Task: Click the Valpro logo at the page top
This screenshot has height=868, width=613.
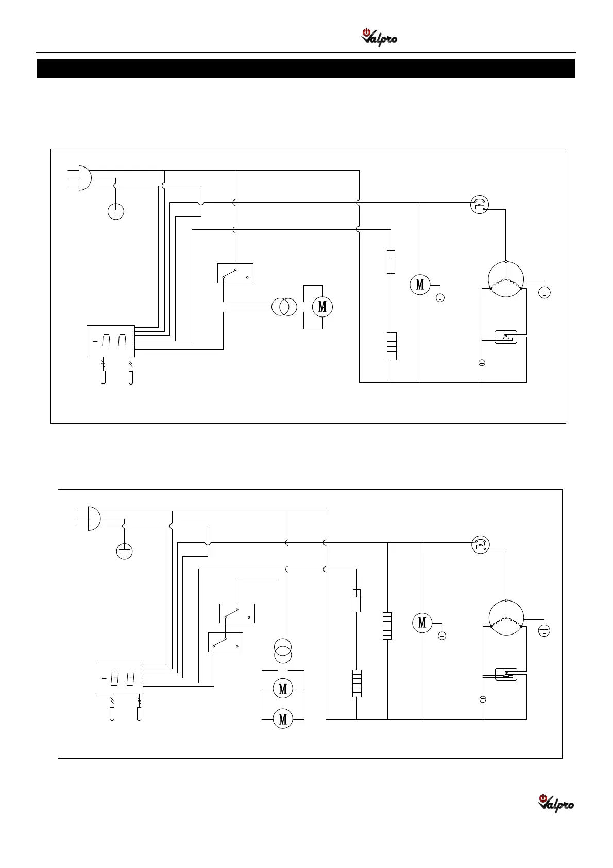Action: click(x=379, y=38)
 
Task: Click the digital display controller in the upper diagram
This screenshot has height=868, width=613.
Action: click(x=111, y=341)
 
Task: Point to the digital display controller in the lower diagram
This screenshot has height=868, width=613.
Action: click(x=120, y=678)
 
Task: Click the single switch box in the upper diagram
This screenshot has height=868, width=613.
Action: click(x=235, y=273)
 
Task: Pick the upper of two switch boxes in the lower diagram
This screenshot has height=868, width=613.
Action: click(x=237, y=613)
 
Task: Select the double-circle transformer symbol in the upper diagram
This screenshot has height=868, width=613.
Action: click(x=284, y=307)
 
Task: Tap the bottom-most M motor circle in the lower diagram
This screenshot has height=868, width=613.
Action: click(x=283, y=719)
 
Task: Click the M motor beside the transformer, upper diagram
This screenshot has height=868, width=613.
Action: click(x=322, y=307)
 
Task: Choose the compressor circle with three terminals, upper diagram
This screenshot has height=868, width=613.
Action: click(x=506, y=279)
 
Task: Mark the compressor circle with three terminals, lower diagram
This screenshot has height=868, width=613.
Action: click(x=506, y=617)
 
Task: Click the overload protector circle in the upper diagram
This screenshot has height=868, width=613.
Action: click(x=480, y=205)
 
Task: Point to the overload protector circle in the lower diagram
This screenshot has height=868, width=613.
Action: click(x=481, y=544)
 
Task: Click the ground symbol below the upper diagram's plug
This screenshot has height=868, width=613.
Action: click(x=116, y=211)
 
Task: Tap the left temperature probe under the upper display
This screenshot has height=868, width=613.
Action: click(x=104, y=378)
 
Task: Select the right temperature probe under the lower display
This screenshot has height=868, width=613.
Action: click(x=139, y=714)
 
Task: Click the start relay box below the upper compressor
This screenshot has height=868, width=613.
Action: click(x=505, y=337)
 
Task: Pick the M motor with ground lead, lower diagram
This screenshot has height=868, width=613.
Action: click(x=422, y=623)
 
